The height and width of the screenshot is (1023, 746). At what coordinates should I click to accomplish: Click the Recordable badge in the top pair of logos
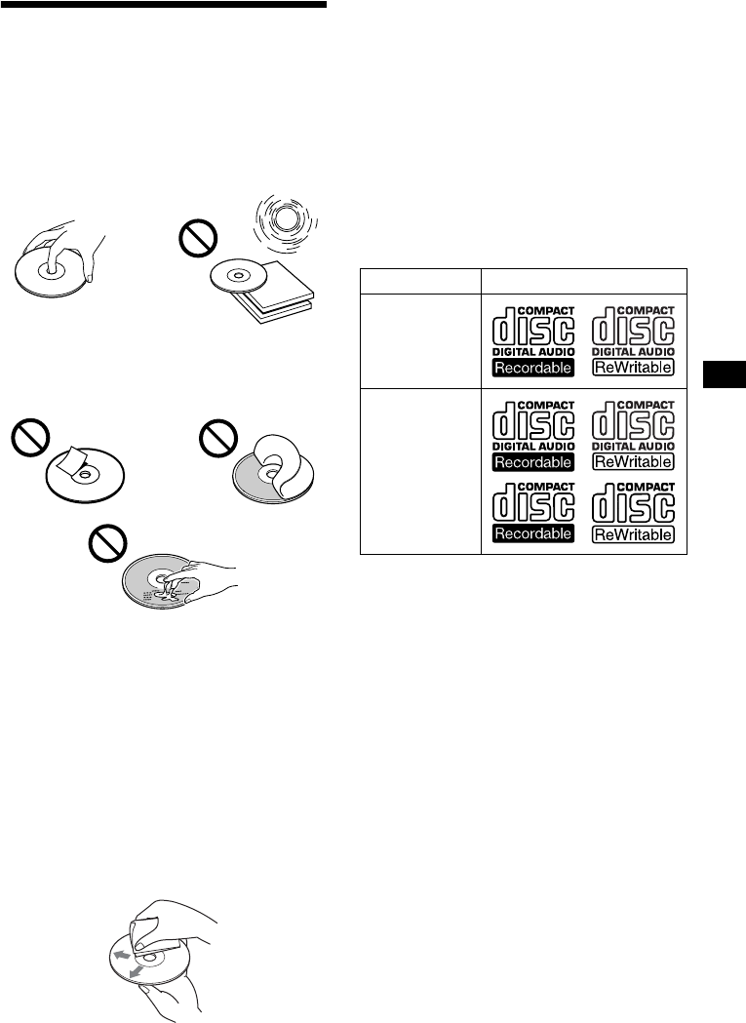[531, 368]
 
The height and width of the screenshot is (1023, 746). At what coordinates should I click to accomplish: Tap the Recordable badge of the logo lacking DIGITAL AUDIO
[531, 533]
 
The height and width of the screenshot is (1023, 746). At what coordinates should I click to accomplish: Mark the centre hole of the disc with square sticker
[85, 476]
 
